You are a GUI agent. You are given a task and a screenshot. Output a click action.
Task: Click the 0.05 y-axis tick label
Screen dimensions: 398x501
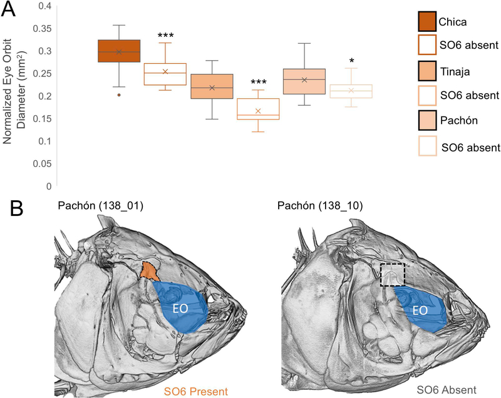click(x=41, y=163)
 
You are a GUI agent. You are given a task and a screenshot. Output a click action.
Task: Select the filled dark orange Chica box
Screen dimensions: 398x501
click(x=118, y=51)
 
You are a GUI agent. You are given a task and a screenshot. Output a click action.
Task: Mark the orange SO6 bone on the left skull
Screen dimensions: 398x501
click(x=149, y=271)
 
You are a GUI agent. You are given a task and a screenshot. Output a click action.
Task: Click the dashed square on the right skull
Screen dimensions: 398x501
click(x=393, y=274)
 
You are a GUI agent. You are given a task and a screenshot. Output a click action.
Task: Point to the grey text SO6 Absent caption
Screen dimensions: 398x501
click(x=447, y=391)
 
